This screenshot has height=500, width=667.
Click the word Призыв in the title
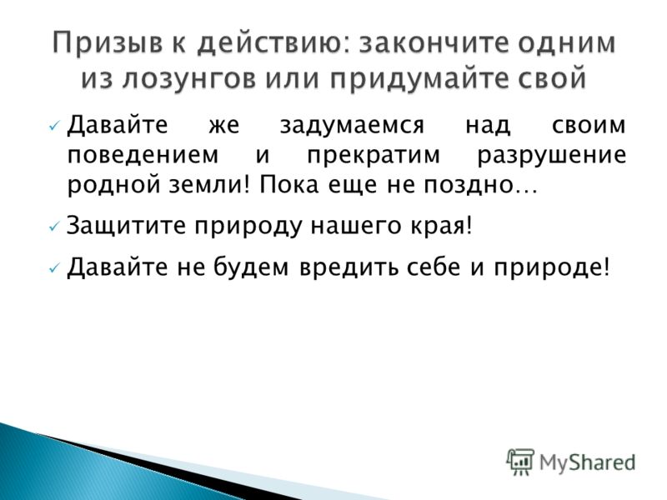[x=108, y=42]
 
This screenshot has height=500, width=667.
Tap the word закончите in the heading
[x=434, y=42]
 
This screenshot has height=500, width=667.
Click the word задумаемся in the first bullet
[x=352, y=126]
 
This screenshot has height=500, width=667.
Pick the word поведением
[x=143, y=155]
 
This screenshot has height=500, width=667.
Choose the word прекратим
[x=374, y=156]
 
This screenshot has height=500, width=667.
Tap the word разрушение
[x=552, y=156]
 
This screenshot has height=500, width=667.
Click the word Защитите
[x=127, y=225]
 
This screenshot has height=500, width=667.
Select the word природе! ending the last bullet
[x=552, y=268]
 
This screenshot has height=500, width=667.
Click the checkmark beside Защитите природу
[x=53, y=227]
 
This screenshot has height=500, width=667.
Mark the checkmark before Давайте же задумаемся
[x=53, y=126]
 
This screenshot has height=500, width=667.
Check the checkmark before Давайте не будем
[x=53, y=268]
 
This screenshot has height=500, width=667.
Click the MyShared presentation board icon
[x=519, y=462]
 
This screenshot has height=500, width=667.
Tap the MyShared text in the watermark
[x=587, y=462]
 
